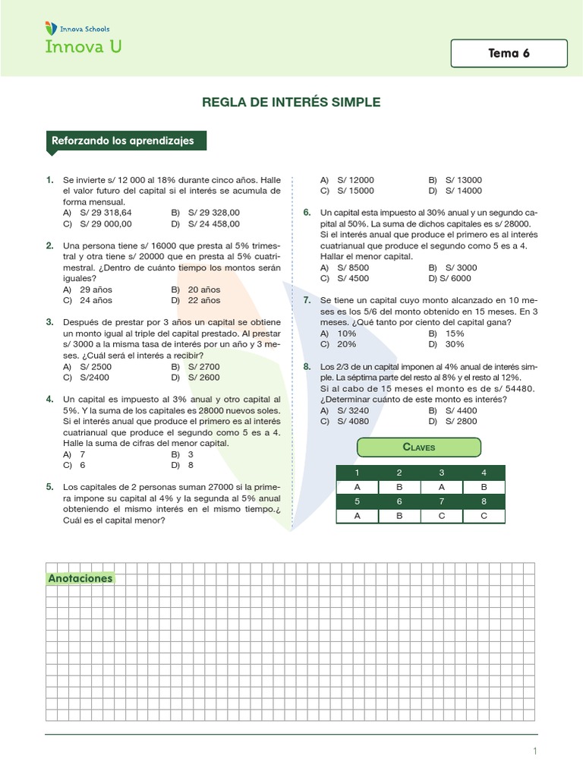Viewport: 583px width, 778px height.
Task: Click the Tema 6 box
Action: click(x=509, y=53)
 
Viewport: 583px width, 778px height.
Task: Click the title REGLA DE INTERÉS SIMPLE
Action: click(x=291, y=102)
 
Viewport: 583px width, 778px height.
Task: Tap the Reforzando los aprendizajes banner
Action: click(x=123, y=141)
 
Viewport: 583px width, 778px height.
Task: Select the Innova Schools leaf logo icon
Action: click(x=51, y=28)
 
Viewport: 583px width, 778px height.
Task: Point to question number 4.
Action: click(x=49, y=399)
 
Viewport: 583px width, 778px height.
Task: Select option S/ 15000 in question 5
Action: click(x=355, y=191)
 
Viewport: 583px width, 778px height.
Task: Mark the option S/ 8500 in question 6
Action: click(x=353, y=267)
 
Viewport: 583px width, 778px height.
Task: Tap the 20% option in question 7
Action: click(x=347, y=344)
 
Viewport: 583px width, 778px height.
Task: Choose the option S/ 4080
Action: click(x=353, y=421)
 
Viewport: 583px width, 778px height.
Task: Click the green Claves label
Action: click(x=419, y=448)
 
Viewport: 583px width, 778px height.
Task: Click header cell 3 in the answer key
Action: click(x=441, y=473)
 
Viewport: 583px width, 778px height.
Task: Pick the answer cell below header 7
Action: click(x=441, y=516)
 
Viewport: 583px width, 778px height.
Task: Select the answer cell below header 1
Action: click(x=357, y=488)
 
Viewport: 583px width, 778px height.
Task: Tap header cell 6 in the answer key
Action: click(x=399, y=501)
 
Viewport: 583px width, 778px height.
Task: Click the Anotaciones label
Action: click(x=80, y=578)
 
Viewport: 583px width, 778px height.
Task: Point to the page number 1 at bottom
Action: click(x=535, y=751)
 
